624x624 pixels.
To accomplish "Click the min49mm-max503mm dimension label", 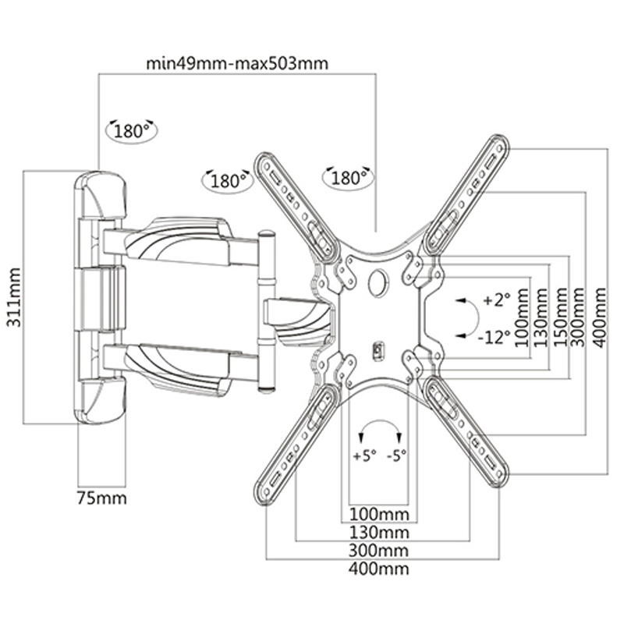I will tap(237, 63).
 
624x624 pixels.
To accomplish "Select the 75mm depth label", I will tap(101, 497).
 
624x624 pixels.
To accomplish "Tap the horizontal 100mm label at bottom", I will tap(380, 515).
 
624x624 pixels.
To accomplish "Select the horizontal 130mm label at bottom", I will tap(380, 533).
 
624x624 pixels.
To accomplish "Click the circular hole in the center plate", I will tap(378, 280).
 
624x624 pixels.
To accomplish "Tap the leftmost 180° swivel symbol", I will tap(133, 131).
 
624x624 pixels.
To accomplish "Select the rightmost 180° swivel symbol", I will tap(347, 178).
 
